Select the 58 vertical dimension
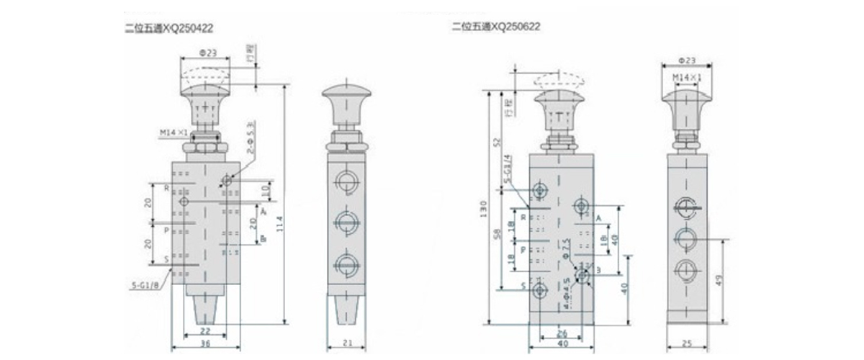pyautogui.click(x=500, y=238)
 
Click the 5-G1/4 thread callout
pyautogui.click(x=509, y=168)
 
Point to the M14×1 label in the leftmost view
pyautogui.click(x=174, y=132)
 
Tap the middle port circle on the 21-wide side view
pyautogui.click(x=347, y=219)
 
